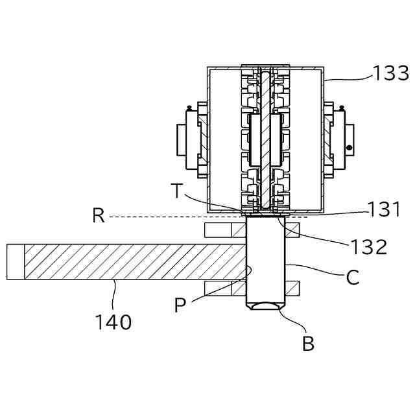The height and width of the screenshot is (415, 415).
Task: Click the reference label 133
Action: point(390,73)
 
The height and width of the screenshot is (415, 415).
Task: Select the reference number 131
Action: point(384,209)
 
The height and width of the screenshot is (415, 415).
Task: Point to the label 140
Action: point(113,322)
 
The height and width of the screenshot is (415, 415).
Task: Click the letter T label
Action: point(177,191)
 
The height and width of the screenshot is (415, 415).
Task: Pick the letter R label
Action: point(99,215)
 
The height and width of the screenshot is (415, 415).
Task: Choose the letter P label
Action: point(180,305)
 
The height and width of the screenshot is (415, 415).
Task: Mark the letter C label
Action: point(353,277)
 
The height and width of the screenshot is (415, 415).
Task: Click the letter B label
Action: point(309,343)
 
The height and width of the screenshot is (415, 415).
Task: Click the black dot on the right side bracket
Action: point(350,147)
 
